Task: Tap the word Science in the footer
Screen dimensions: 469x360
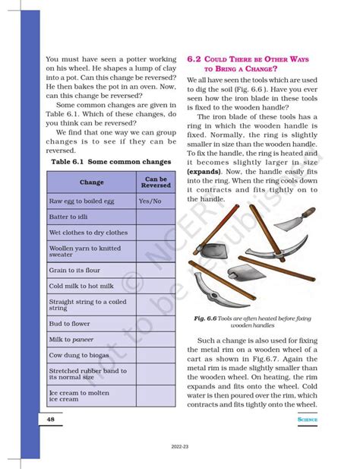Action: point(307,419)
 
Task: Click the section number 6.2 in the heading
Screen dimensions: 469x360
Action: point(193,58)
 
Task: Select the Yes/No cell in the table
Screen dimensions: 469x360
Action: point(150,201)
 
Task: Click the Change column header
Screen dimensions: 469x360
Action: point(91,182)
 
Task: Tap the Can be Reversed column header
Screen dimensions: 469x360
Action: point(155,182)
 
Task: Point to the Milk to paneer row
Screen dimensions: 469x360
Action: point(71,338)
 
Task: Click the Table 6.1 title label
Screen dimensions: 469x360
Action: point(70,162)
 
